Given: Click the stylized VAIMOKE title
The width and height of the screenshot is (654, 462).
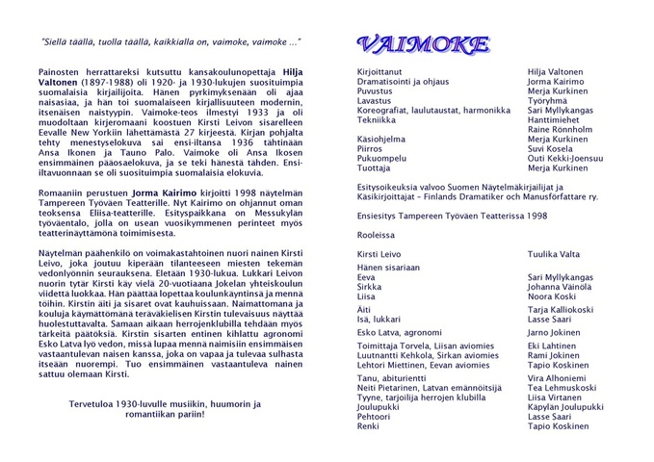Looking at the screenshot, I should tap(422, 44).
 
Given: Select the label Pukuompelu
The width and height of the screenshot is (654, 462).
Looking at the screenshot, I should tap(382, 159).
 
